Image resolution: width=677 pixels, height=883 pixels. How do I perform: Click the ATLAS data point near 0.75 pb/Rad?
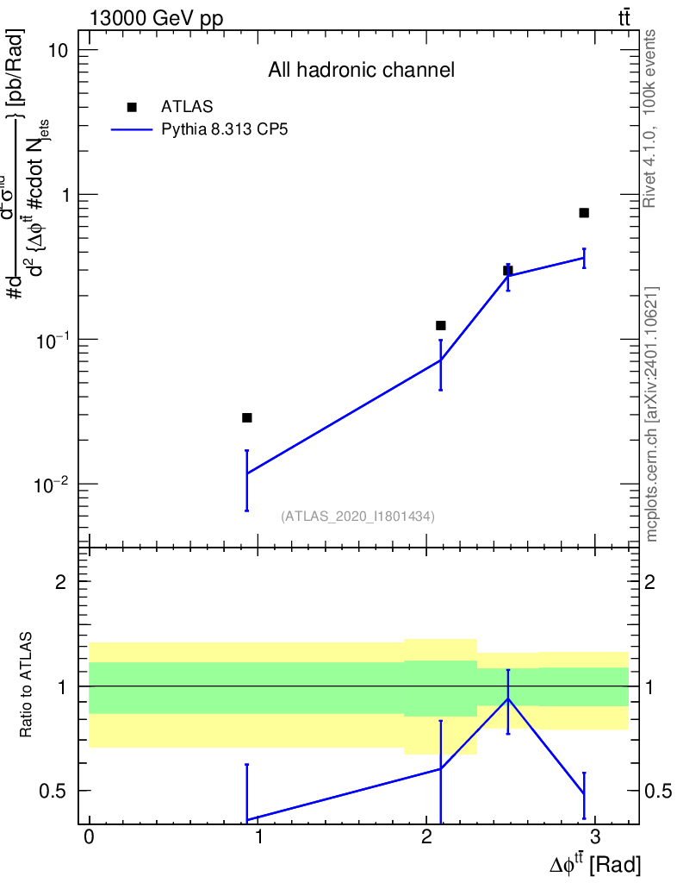pos(584,212)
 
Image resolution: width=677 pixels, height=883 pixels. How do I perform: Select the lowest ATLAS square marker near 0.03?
pos(247,417)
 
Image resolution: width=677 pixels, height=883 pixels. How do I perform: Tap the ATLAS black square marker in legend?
pos(132,107)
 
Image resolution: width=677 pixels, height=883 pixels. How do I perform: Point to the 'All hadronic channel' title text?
pos(361,71)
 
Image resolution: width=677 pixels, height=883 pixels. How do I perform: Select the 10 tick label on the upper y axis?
pos(57,50)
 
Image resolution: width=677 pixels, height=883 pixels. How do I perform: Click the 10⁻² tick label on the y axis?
pos(51,484)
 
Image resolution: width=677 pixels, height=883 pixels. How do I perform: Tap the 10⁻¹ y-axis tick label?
pos(51,339)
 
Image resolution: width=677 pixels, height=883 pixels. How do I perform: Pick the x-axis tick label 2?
pos(426,839)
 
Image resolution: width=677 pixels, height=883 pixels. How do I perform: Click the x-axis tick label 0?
pos(90,839)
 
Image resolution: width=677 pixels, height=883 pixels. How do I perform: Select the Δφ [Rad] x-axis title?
pos(595,863)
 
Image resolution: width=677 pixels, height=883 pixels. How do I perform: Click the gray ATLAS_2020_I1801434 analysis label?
pos(357,517)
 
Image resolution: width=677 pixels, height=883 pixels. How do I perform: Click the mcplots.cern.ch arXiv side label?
pos(652,414)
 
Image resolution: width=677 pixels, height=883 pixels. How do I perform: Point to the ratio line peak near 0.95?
pos(508,698)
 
